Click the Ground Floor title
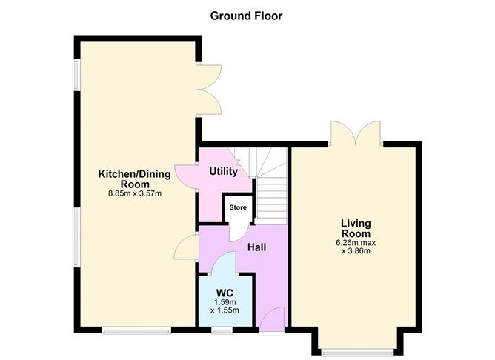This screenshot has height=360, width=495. pos(246,15)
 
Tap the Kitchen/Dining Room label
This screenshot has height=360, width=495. pos(134,179)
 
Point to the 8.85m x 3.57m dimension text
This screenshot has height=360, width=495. pos(134,194)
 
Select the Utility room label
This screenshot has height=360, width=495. pos(223,172)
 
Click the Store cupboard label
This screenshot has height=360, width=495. pos(237,207)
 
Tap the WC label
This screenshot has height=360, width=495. pos(225,293)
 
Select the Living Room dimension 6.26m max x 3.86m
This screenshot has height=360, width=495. pos(356,247)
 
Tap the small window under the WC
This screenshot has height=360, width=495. pos(222,330)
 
